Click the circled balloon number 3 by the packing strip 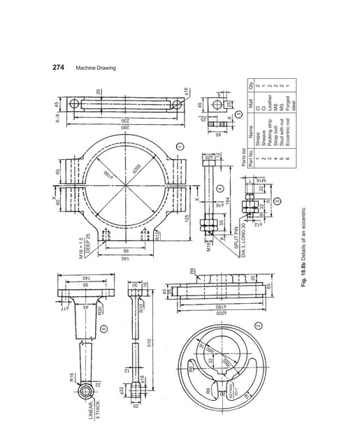(x=238, y=114)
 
